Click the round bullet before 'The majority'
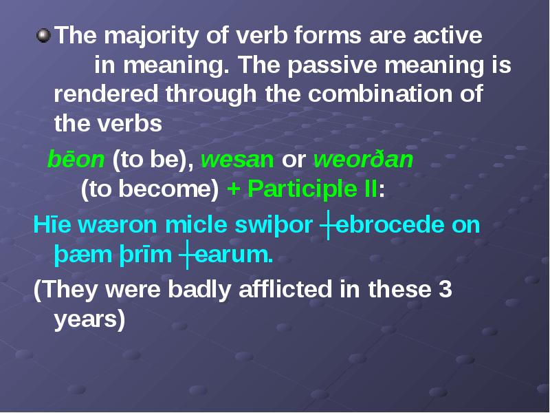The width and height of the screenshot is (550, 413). pos(43,36)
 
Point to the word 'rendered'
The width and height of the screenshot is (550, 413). pos(106,94)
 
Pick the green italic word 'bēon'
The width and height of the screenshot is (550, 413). pos(76,159)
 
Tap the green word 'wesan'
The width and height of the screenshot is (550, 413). pos(237,160)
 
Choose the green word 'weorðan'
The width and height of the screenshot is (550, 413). pos(364,159)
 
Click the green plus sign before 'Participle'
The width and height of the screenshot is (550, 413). pos(233,190)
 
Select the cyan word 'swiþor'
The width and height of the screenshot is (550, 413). pos(274,226)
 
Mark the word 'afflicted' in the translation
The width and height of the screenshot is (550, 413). pos(285,289)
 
